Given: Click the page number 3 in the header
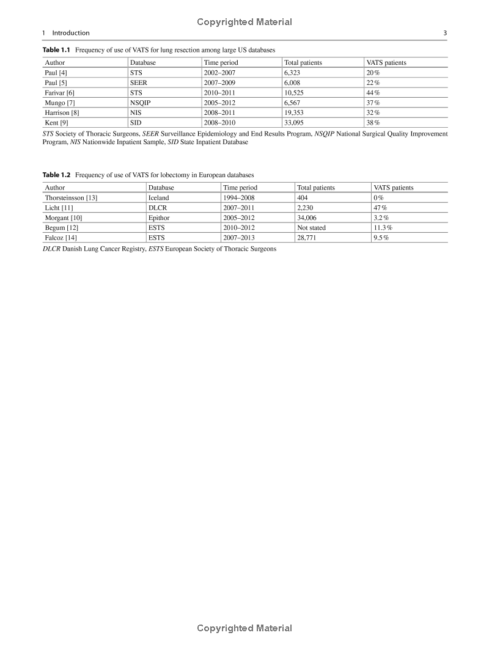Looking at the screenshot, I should tap(445, 33).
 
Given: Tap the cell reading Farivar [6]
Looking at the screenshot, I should tap(59, 93).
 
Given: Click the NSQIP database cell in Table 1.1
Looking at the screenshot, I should tap(140, 103).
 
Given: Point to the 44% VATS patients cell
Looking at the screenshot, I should tap(373, 93).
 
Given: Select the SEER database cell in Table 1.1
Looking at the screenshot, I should tap(138, 82).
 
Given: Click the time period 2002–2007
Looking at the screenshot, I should tap(219, 73).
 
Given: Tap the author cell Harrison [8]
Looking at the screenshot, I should tap(62, 113).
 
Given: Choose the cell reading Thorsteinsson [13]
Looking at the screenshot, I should tap(71, 198).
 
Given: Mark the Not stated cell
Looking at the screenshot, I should tap(311, 228).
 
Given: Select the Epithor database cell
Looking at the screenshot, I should tap(159, 218).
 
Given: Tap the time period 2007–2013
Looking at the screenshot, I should tap(239, 238).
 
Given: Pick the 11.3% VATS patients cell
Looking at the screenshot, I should tap(383, 228).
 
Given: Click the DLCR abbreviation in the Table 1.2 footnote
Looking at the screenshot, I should tap(51, 249).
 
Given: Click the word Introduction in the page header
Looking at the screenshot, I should tap(71, 33).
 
